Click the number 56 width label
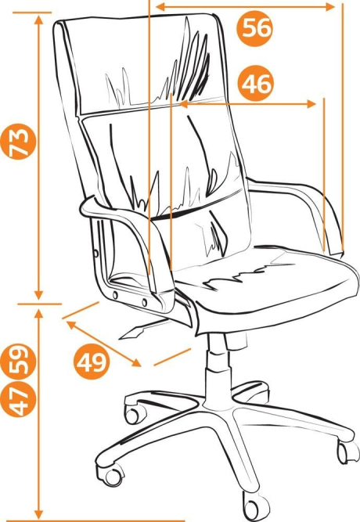(254, 28)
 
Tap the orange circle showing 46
(256, 83)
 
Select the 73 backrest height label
(18, 142)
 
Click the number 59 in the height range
(18, 362)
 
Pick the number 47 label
(18, 399)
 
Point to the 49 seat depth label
(92, 362)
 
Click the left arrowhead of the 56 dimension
(160, 7)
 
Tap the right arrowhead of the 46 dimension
(311, 104)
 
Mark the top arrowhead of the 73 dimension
(39, 20)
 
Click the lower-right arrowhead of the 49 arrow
(137, 363)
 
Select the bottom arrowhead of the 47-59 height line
(39, 513)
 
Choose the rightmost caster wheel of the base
(347, 452)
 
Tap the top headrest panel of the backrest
(140, 63)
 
